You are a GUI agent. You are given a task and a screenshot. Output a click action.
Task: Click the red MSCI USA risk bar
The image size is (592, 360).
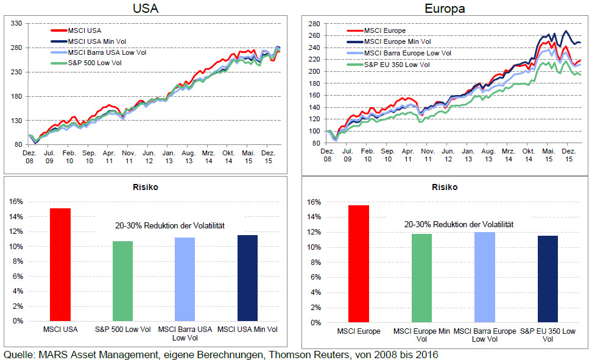(60, 264)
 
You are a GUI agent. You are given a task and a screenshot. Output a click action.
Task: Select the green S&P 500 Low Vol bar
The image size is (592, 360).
(122, 281)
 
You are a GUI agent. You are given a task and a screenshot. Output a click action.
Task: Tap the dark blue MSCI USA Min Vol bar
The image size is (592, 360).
(248, 278)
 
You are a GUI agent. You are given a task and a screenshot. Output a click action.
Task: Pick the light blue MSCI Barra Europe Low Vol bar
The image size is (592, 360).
(484, 277)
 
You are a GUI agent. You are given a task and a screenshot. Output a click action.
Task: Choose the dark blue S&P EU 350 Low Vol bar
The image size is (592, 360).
(548, 279)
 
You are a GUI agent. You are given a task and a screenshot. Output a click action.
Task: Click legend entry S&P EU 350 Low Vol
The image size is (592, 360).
(396, 64)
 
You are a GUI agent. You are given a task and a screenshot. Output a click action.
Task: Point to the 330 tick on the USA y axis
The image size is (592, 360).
(16, 23)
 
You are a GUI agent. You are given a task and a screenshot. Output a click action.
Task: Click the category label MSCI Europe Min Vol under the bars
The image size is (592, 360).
(421, 335)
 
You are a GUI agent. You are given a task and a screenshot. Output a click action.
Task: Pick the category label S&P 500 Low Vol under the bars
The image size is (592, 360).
(122, 330)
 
